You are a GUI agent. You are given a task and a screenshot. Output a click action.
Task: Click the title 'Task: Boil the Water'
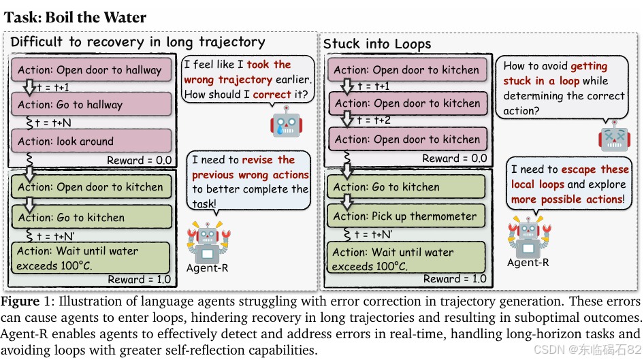76,18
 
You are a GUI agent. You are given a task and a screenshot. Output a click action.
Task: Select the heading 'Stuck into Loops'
377,44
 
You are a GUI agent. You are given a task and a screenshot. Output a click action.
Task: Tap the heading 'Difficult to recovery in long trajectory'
138,42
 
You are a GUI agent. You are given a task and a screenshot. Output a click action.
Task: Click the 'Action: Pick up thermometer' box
406,216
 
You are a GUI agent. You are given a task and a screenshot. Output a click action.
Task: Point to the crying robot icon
286,122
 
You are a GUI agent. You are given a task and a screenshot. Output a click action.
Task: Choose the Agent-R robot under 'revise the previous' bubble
208,242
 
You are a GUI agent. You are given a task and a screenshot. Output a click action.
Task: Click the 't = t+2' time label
374,120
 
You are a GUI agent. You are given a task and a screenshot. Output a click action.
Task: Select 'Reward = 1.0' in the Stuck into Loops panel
455,278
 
